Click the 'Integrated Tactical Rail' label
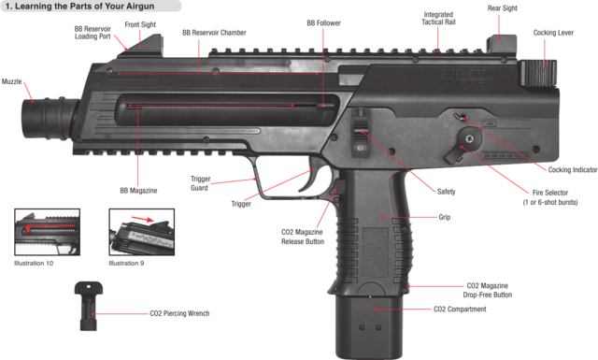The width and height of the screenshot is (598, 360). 438,20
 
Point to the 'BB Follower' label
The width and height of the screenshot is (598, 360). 323,22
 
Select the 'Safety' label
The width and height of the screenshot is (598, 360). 447,192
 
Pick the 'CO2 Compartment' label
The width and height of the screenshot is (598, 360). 460,310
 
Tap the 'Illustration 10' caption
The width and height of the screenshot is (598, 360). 36,264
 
